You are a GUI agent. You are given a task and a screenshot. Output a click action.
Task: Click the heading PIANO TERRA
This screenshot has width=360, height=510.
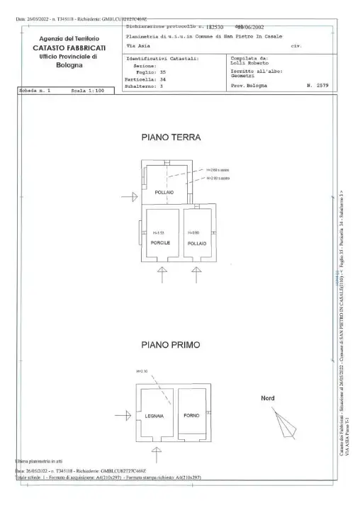171,137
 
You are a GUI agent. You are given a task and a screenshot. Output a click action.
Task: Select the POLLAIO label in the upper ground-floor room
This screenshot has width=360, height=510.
164,192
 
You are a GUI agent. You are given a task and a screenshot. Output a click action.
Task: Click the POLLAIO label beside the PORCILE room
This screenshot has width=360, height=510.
196,243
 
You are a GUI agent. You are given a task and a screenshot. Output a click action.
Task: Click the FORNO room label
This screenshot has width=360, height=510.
190,415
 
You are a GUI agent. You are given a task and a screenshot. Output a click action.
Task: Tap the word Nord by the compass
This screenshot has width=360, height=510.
268,398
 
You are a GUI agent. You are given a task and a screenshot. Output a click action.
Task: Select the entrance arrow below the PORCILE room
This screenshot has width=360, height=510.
162,273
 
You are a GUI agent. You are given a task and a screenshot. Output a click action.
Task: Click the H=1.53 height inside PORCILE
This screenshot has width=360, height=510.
158,233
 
